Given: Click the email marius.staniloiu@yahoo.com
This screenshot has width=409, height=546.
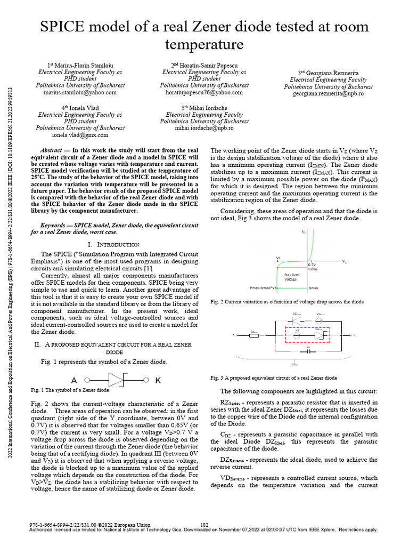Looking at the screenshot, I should [x=79, y=93].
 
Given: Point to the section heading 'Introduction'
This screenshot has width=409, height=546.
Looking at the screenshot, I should [x=113, y=244].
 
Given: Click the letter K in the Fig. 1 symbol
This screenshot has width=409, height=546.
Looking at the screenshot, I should [x=158, y=381].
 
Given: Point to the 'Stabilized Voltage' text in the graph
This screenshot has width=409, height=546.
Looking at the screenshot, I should [x=291, y=277].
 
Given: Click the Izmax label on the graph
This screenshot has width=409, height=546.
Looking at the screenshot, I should [x=314, y=287].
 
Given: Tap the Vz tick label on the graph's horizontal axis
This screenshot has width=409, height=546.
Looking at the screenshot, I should [x=278, y=258].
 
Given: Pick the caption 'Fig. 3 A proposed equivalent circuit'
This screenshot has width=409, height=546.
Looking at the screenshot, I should [x=274, y=378].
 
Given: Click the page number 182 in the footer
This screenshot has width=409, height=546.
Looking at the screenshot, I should [x=204, y=525].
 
